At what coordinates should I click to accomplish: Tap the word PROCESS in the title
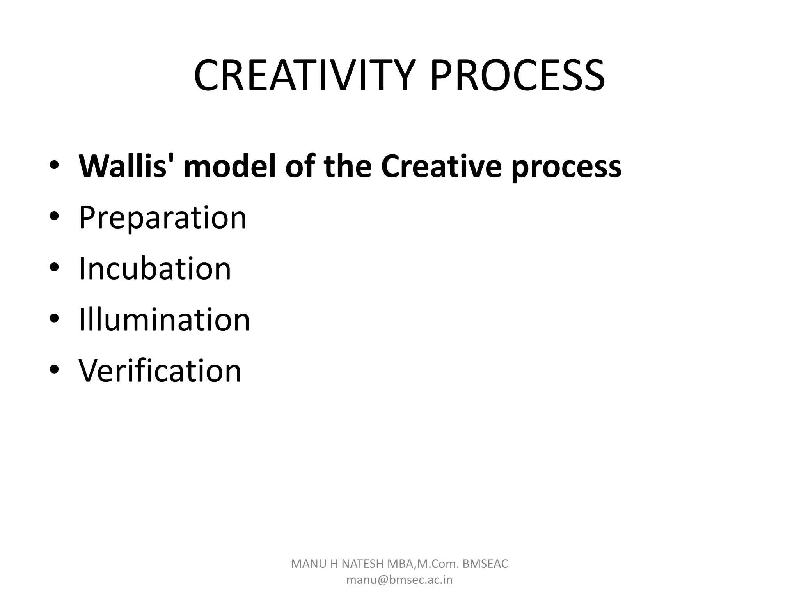(x=517, y=76)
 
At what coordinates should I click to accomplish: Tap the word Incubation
(x=155, y=269)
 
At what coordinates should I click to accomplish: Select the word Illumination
(x=164, y=320)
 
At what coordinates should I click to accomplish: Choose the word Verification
(x=160, y=371)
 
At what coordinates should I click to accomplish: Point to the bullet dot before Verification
(x=54, y=370)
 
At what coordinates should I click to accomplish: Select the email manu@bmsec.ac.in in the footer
(x=399, y=580)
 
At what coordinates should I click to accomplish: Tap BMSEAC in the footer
(x=485, y=564)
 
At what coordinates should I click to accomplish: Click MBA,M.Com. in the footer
(x=423, y=564)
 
